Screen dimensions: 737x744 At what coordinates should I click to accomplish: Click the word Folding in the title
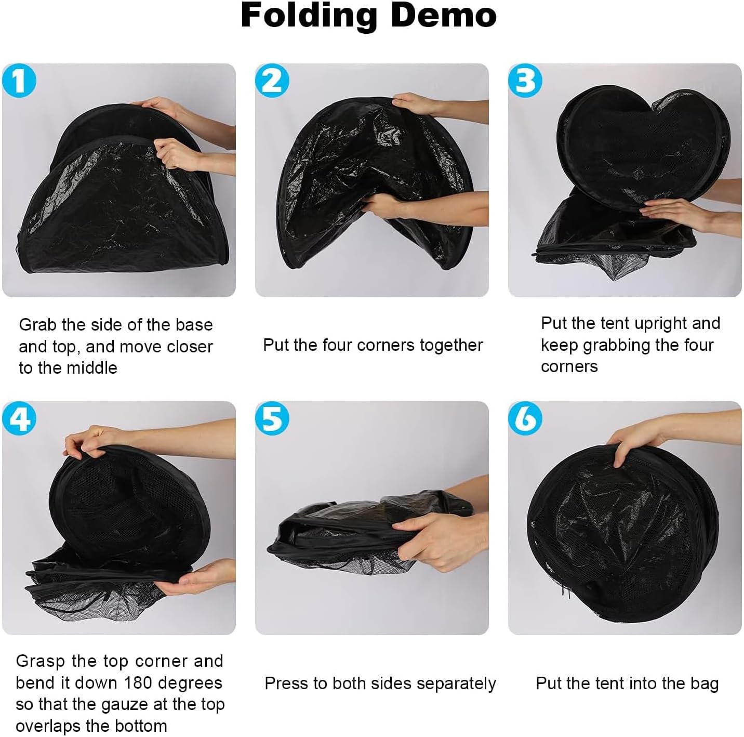(x=309, y=16)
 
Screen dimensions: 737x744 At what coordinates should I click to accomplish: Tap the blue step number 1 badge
(x=19, y=81)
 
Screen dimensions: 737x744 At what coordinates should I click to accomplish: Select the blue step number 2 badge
(x=272, y=81)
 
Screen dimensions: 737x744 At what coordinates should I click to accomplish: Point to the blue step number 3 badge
(x=525, y=81)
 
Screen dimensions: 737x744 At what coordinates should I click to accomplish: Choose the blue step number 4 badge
(x=19, y=418)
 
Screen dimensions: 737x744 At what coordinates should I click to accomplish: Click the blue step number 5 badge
(x=272, y=418)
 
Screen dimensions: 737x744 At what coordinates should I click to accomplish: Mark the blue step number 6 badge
(x=525, y=418)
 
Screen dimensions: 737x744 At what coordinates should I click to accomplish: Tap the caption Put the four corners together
(x=373, y=345)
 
